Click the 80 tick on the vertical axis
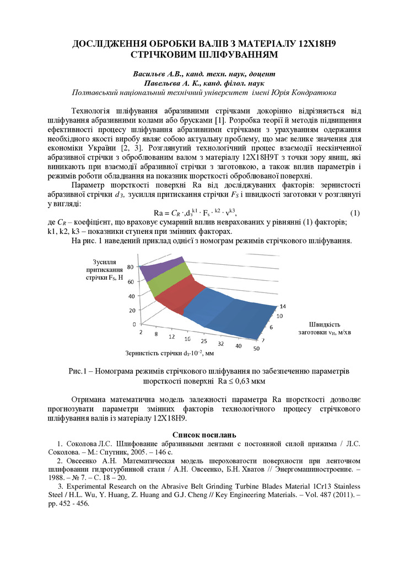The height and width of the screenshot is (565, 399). click(x=131, y=266)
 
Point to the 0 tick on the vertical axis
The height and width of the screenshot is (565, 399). click(x=134, y=324)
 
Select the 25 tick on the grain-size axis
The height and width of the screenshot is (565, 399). click(x=204, y=342)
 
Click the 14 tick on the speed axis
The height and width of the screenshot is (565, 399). click(x=283, y=306)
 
